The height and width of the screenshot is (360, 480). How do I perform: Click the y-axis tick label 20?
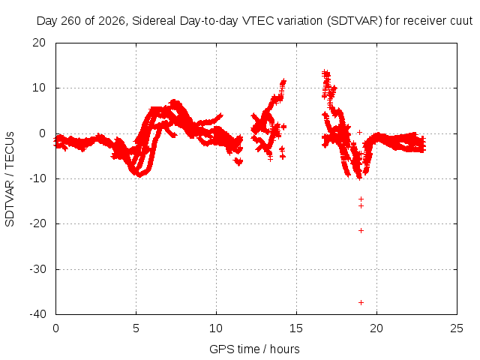click(39, 43)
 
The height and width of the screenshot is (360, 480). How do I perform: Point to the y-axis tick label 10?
click(39, 88)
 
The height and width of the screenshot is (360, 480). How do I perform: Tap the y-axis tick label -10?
click(37, 178)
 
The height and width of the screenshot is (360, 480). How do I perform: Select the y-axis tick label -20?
click(37, 223)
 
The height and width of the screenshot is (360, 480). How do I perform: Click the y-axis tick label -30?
click(37, 269)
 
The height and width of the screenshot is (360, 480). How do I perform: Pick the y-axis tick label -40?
click(37, 314)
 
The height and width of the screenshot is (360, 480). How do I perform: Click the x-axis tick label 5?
click(136, 328)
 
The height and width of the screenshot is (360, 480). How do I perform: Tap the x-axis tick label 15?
click(296, 328)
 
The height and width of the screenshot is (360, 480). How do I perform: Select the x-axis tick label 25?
click(457, 328)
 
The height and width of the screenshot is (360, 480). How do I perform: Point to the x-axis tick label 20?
click(376, 328)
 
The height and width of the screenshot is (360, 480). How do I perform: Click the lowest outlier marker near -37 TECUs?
click(361, 303)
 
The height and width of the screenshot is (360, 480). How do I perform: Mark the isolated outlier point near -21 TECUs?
click(361, 230)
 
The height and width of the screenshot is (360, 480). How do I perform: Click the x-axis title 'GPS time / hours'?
click(254, 349)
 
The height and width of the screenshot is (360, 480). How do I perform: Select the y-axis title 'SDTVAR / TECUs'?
click(10, 179)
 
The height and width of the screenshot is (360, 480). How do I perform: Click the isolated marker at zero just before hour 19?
click(360, 132)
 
